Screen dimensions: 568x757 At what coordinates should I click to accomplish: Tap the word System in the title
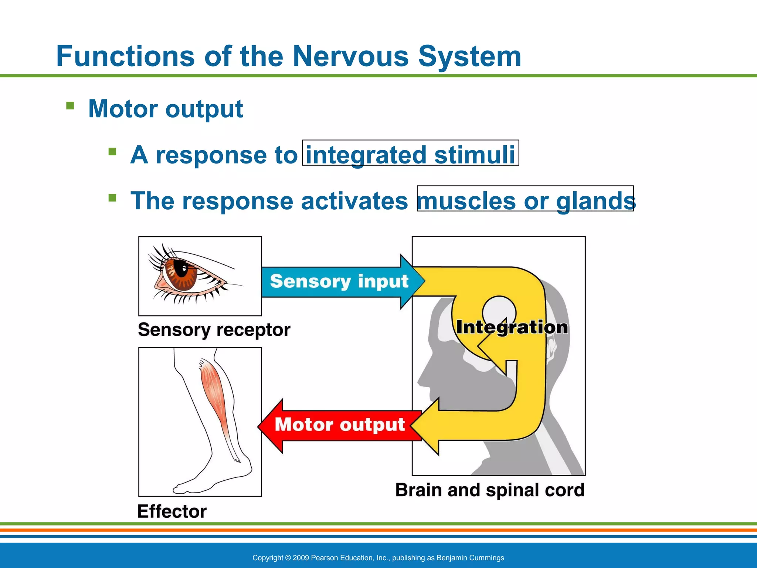tap(469, 57)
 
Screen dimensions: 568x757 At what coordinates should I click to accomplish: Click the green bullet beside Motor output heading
tap(70, 106)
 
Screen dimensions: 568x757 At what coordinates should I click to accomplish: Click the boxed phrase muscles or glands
tap(525, 200)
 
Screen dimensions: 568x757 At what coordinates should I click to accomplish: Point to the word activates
tap(354, 201)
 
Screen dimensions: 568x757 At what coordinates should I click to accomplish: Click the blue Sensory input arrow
tap(339, 281)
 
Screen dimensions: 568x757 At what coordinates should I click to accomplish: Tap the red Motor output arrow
tap(339, 425)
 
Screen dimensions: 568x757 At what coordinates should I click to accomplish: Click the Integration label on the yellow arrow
tap(512, 327)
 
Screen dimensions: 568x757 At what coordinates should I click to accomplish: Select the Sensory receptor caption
tap(214, 329)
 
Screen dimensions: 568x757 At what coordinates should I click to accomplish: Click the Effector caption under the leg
tap(172, 511)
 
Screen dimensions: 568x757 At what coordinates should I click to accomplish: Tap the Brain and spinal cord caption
tap(490, 490)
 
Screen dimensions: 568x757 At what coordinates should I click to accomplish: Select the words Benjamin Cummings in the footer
tap(470, 558)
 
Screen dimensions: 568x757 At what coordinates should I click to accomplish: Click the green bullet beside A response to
tap(112, 152)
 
